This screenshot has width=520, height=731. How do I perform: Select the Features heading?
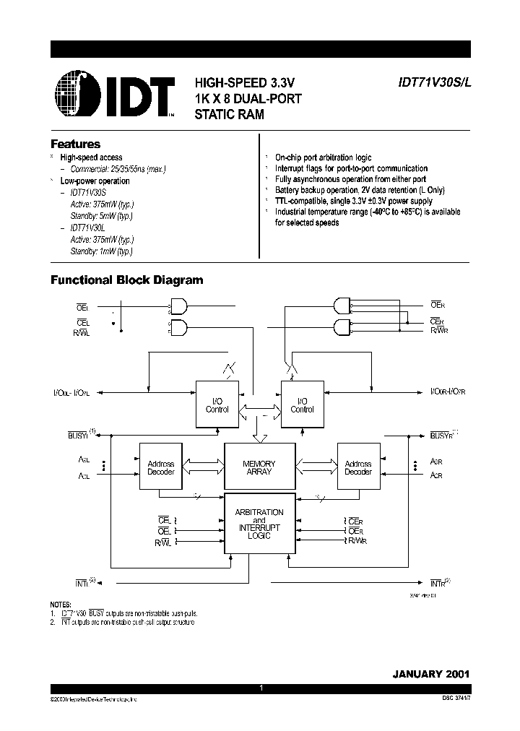pyautogui.click(x=75, y=144)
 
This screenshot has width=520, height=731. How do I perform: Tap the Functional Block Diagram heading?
pyautogui.click(x=126, y=280)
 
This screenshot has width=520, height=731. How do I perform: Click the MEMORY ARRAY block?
pyautogui.click(x=259, y=467)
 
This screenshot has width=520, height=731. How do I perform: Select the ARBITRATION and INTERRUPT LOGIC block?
pyautogui.click(x=259, y=524)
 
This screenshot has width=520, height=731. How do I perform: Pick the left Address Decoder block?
pyautogui.click(x=160, y=467)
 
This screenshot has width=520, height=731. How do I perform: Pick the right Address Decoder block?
pyautogui.click(x=358, y=467)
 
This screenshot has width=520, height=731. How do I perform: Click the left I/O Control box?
pyautogui.click(x=217, y=405)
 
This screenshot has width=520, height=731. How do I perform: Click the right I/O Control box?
pyautogui.click(x=302, y=405)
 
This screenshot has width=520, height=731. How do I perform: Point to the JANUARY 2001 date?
pyautogui.click(x=431, y=673)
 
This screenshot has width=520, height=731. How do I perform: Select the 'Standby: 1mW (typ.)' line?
pyautogui.click(x=101, y=251)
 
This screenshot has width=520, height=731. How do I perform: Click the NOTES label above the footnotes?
pyautogui.click(x=61, y=604)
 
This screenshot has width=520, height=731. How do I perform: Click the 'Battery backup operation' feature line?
pyautogui.click(x=360, y=189)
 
